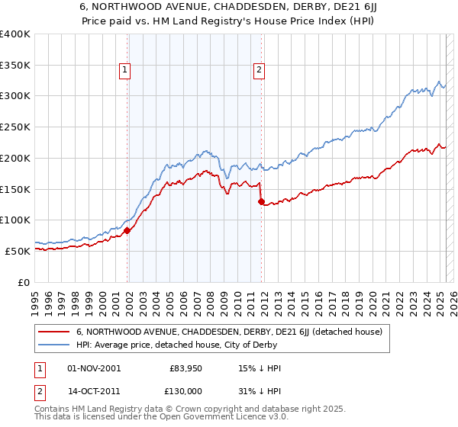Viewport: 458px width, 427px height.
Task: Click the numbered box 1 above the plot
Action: pyautogui.click(x=125, y=71)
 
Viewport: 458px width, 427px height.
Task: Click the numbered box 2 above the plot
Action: pyautogui.click(x=260, y=71)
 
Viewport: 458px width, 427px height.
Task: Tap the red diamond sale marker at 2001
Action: pyautogui.click(x=127, y=230)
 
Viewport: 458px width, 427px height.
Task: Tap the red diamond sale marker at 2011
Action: pyautogui.click(x=261, y=202)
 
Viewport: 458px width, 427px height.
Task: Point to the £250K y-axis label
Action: pyautogui.click(x=15, y=127)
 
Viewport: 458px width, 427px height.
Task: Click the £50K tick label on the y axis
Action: pyautogui.click(x=18, y=250)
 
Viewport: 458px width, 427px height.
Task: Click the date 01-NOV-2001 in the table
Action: pyautogui.click(x=94, y=368)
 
